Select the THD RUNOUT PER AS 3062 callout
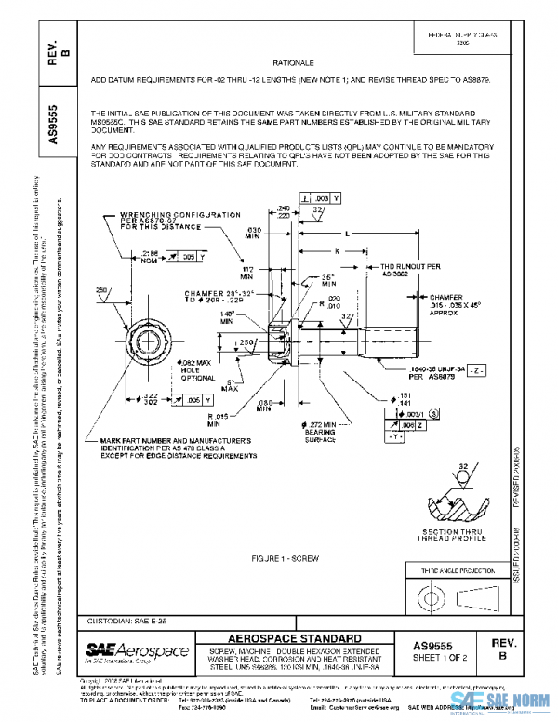pyautogui.click(x=399, y=271)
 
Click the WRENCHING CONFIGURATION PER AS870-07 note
pyautogui.click(x=153, y=220)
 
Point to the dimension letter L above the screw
pyautogui.click(x=346, y=234)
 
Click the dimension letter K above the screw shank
pyautogui.click(x=336, y=251)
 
